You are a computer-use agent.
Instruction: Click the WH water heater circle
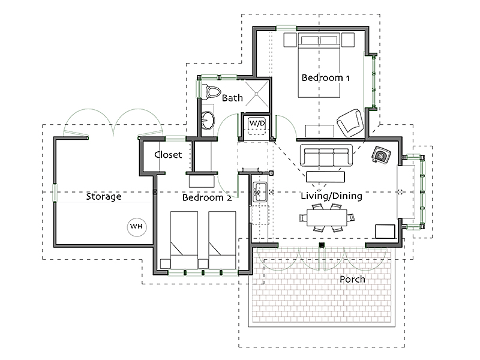pos(137,227)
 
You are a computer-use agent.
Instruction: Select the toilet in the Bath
pos(212,92)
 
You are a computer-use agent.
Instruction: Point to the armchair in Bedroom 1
pos(350,123)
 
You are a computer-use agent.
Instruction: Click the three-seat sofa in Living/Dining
pos(326,155)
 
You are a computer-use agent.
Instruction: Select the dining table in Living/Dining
pos(327,217)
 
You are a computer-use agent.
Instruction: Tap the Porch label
pos(352,279)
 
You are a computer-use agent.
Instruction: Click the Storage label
pos(103,197)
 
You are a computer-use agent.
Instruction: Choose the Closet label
pos(168,155)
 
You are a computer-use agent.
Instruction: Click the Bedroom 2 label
pos(207,197)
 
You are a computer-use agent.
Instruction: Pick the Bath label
pos(232,98)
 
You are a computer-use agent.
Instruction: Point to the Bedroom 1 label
pos(325,78)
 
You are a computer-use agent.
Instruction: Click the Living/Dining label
pos(331,196)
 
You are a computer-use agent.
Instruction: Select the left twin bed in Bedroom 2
pos(184,240)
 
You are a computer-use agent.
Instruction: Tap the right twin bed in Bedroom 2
pos(222,240)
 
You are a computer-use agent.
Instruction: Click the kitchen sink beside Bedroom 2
pos(260,192)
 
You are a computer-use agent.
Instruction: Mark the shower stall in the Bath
pos(257,95)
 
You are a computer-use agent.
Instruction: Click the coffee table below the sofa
pos(325,177)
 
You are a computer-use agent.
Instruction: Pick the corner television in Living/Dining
pos(381,155)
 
